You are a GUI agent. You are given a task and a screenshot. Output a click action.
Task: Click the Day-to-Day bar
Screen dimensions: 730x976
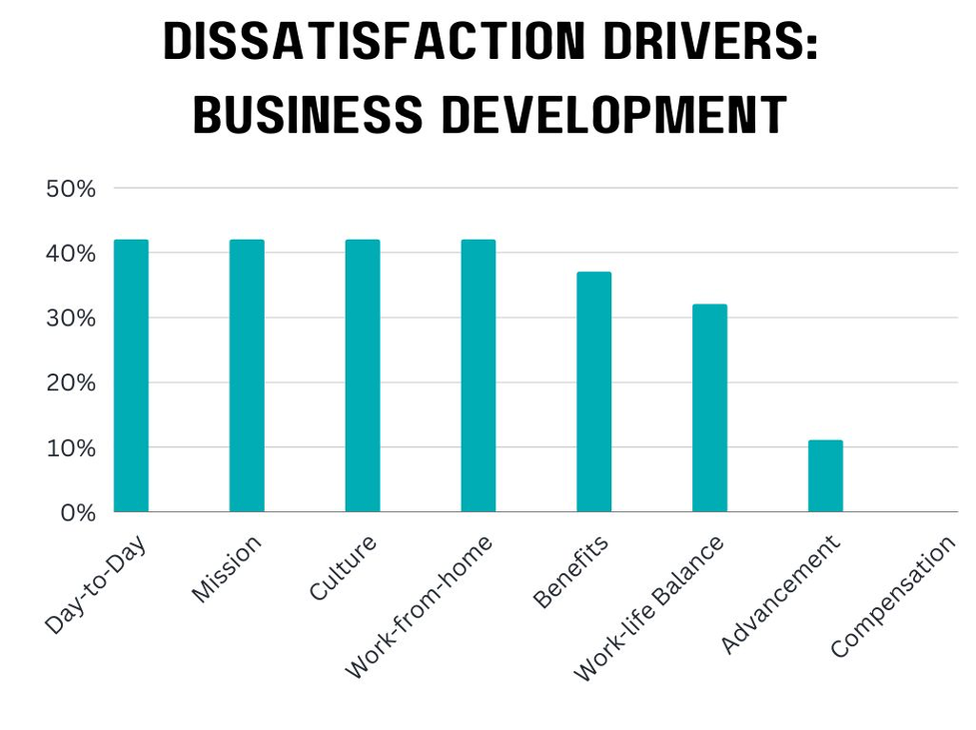point(131,375)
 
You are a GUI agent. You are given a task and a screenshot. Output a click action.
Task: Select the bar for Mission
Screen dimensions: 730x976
point(247,375)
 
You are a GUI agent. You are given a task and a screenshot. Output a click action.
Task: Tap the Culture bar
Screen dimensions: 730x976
point(363,375)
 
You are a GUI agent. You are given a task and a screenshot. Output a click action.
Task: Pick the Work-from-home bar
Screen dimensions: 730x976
point(478,375)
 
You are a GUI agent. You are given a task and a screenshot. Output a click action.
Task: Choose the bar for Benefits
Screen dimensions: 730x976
point(593,391)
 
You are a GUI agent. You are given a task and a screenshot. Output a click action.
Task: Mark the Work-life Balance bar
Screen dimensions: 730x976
point(709,407)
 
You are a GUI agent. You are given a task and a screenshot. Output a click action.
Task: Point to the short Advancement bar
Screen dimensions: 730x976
point(825,475)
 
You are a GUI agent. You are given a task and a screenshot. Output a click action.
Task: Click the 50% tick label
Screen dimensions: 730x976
point(71,189)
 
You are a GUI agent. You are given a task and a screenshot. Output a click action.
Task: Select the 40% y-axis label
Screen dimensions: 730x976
point(71,254)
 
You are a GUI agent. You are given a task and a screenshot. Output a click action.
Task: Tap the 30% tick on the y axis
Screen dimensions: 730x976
point(71,319)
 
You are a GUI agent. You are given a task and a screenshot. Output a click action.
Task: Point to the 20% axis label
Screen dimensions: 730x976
point(71,383)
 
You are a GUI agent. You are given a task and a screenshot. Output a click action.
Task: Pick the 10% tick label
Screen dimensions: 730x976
point(71,448)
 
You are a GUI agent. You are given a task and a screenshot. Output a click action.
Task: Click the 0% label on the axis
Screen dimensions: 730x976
point(76,513)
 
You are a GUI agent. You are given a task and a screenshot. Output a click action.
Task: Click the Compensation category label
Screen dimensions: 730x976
point(893,597)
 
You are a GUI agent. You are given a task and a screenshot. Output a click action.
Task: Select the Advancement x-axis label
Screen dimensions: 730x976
point(780,595)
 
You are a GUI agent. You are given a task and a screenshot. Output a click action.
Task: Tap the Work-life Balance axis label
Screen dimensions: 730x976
point(649,609)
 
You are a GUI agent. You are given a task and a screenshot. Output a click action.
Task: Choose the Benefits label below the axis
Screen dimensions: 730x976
point(570,571)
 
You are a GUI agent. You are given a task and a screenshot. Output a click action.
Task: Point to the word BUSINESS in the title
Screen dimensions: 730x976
point(308,115)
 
